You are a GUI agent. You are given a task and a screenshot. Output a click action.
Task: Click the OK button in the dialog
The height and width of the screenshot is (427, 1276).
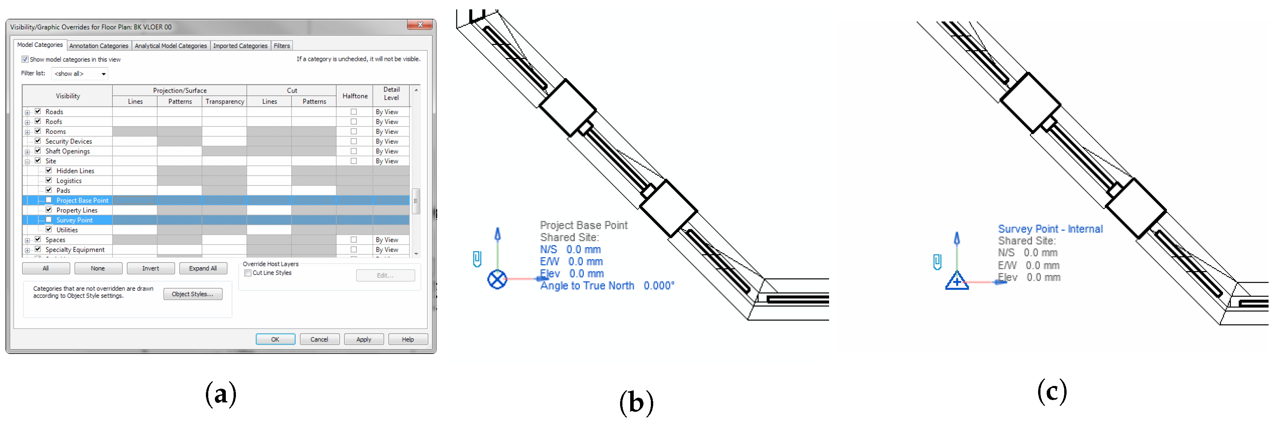coord(275,339)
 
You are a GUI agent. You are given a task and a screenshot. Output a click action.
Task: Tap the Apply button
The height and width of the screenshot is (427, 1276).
coord(363,339)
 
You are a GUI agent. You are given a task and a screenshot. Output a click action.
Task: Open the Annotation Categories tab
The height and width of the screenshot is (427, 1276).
coord(99,46)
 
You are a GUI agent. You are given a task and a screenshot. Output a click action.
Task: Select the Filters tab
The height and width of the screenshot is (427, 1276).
coord(282,46)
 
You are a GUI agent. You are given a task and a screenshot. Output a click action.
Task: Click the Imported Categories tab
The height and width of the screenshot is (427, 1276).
coord(240,46)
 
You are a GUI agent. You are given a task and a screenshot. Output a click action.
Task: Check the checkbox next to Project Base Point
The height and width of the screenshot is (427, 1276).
coord(48,200)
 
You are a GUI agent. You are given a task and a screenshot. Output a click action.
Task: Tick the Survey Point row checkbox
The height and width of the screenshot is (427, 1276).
coord(48,219)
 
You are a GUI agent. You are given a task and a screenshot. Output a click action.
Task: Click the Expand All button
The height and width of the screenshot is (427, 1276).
coord(203,268)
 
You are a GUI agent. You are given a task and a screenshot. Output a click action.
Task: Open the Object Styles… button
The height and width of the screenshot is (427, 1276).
coord(193,294)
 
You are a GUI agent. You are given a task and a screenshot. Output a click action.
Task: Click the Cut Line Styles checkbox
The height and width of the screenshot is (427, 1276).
coord(248,273)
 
